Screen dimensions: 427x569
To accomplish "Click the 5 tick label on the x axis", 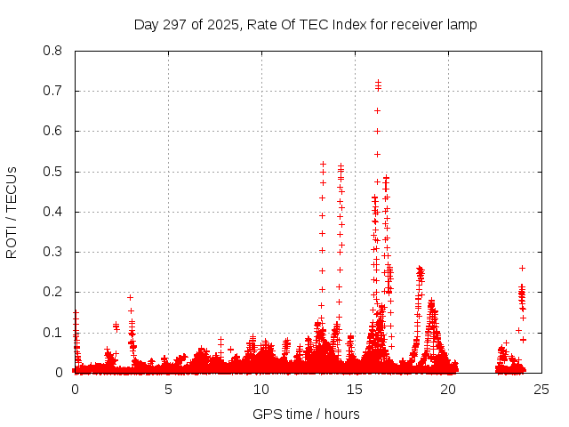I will [168, 389].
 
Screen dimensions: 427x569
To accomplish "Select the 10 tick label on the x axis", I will [261, 389].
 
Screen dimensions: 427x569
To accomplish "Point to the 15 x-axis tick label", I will [355, 389].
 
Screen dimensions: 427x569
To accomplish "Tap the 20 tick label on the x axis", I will [448, 389].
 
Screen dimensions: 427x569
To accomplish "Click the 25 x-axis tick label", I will [541, 389].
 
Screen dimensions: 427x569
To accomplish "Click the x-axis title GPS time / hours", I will [306, 414].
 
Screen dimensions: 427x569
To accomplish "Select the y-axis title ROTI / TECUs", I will [12, 212].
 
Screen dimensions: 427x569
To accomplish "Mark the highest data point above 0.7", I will [378, 82].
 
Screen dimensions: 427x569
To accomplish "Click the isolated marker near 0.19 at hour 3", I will [130, 297].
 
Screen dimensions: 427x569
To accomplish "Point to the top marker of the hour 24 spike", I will [522, 268].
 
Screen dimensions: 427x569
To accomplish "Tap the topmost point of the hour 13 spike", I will [323, 164].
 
